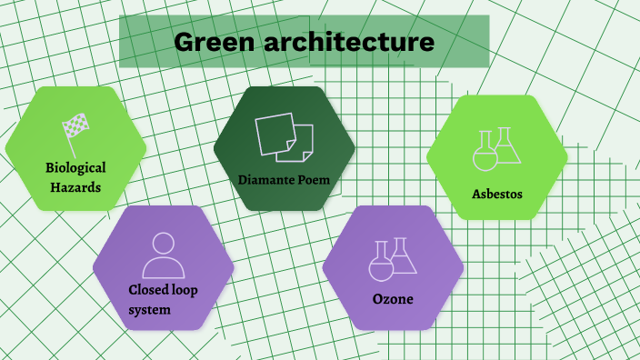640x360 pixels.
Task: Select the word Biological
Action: (76, 167)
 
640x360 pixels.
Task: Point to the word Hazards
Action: (75, 188)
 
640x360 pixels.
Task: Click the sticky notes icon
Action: (284, 137)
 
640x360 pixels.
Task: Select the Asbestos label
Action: (497, 194)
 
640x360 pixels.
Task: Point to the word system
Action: (149, 310)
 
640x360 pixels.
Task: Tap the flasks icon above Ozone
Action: (393, 258)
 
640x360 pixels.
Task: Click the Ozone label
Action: (393, 299)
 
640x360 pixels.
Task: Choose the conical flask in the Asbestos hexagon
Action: (507, 147)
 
